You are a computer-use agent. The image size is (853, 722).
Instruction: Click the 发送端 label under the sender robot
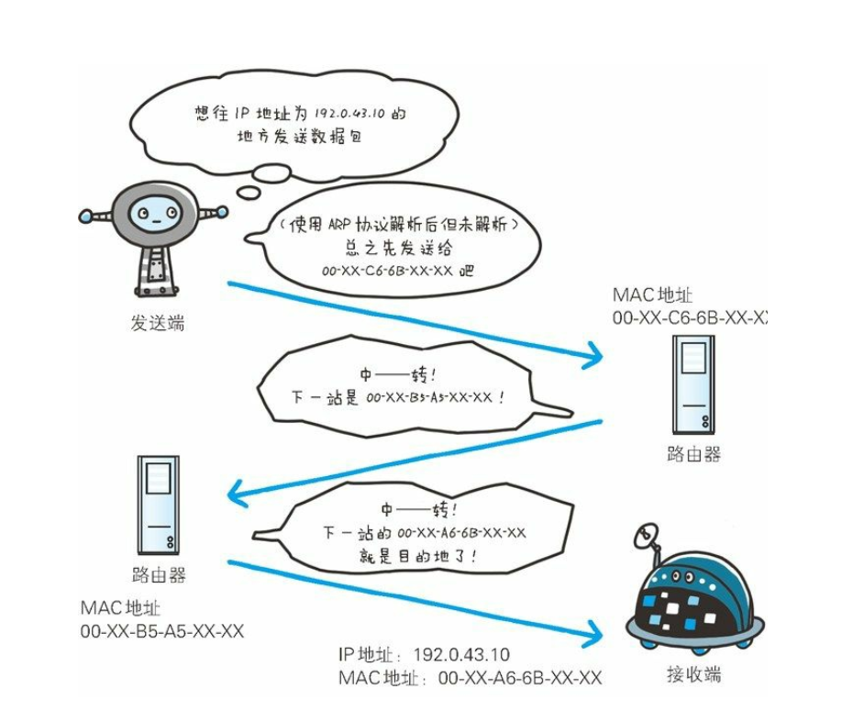point(157,323)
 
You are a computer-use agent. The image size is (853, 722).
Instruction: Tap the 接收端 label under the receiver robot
point(693,674)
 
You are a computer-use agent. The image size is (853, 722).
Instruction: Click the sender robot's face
point(156,215)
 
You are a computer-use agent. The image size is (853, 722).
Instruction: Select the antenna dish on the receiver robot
point(646,536)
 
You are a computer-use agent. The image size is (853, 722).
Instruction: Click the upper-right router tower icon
point(693,384)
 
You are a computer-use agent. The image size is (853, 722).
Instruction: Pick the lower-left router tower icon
point(158,505)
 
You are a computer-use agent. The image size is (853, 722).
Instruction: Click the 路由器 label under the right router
point(693,454)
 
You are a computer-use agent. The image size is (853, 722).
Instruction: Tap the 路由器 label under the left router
point(159,574)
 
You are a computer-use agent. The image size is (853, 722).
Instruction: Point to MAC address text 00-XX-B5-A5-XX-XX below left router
point(162,631)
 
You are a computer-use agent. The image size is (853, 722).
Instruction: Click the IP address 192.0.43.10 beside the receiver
point(461,654)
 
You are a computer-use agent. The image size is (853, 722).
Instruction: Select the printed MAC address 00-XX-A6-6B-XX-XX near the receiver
point(520,678)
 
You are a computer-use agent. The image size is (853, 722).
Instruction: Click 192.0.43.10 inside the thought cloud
point(349,113)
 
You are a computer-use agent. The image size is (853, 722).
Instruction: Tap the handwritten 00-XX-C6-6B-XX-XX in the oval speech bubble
point(387,271)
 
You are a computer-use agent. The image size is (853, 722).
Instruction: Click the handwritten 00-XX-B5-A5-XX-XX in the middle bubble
point(429,397)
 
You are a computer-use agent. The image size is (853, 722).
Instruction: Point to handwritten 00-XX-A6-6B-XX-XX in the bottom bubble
point(462,533)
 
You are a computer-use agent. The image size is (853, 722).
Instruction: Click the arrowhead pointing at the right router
point(593,356)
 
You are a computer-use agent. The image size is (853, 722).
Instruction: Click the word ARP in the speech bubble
point(339,225)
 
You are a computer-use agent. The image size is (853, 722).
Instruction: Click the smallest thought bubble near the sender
point(249,192)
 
